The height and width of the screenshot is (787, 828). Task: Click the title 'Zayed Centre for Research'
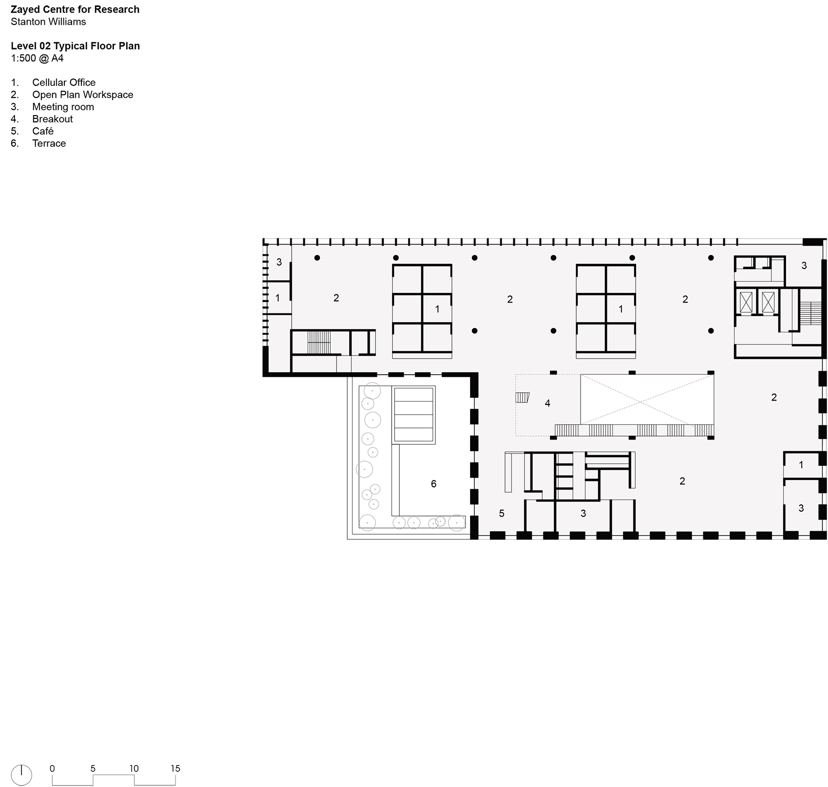(x=75, y=9)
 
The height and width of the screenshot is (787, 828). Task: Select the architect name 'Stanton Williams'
(x=48, y=21)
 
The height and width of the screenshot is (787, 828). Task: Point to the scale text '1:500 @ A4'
(x=37, y=58)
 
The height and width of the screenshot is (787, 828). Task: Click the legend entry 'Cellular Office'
(x=64, y=82)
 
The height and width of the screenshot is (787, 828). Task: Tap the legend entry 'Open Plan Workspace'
(x=83, y=95)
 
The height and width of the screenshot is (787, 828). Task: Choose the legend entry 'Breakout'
(x=53, y=119)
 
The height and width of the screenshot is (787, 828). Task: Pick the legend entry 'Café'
(x=43, y=131)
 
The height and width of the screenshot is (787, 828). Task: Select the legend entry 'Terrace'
(x=49, y=143)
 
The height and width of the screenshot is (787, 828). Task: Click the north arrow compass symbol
(x=21, y=775)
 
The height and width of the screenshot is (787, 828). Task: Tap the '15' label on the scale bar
(x=175, y=768)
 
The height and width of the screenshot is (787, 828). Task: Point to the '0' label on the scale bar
(x=52, y=768)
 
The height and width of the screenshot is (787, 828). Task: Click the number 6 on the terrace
(x=433, y=484)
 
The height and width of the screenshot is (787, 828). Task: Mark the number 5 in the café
(x=502, y=513)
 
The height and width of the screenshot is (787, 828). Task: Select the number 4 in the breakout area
(x=547, y=403)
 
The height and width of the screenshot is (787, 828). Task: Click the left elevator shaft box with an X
(x=746, y=302)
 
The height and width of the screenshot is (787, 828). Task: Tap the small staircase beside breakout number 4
(x=522, y=397)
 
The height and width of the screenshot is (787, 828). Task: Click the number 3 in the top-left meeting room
(x=279, y=262)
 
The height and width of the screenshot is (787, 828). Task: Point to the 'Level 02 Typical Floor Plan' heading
(x=75, y=46)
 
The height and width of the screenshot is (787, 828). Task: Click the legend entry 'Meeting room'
(x=63, y=107)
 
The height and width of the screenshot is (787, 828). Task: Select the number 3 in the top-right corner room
(x=804, y=266)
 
